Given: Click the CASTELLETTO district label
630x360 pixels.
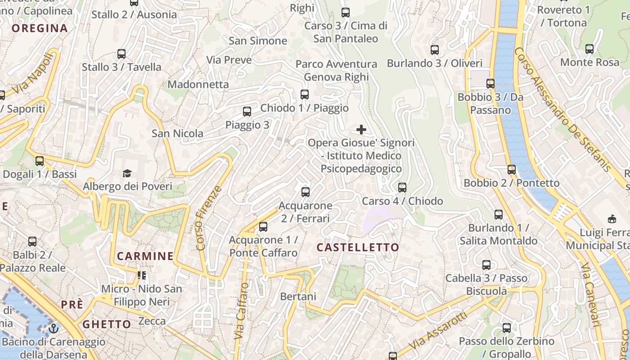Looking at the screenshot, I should [358, 247].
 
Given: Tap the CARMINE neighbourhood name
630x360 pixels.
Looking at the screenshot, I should [145, 256].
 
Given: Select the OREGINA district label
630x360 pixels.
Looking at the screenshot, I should [40, 28].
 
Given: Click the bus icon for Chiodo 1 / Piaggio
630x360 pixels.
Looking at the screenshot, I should [305, 94].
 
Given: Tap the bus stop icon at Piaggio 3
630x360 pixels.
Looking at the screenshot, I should [247, 112].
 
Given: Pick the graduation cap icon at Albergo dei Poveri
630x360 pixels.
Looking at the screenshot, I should [127, 173].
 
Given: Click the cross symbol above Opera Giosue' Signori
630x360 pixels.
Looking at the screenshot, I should [361, 130].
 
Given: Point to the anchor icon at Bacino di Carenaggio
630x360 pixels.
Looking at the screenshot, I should [54, 328].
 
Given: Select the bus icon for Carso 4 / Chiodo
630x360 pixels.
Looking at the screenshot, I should [402, 187].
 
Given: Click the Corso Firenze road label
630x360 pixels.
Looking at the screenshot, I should [209, 218].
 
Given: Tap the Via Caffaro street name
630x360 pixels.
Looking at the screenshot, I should [241, 310].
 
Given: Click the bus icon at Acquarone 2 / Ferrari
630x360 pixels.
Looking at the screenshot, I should [306, 192].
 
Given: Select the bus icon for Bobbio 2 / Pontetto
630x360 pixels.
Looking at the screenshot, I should [512, 170].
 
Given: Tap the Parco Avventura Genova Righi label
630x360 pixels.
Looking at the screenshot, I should [336, 71].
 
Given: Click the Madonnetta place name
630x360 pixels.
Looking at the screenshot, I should [198, 84].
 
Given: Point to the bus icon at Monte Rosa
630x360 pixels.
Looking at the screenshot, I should [589, 49].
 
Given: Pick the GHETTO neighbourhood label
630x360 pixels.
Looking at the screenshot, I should [107, 324].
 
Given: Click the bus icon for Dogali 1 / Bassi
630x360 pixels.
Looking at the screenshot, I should [40, 161].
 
